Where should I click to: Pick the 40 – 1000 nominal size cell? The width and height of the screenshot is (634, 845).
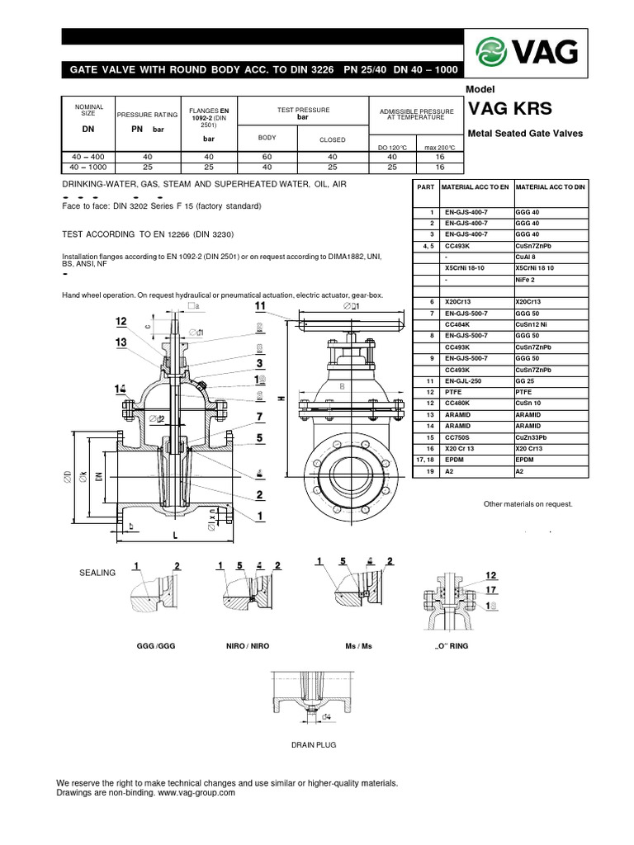click(x=88, y=166)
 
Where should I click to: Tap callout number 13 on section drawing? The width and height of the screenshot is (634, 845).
click(x=121, y=342)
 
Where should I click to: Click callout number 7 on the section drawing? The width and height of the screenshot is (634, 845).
click(x=259, y=417)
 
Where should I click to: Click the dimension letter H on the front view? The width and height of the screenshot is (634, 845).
click(x=282, y=399)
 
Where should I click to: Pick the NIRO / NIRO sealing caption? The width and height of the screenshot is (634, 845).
click(x=248, y=645)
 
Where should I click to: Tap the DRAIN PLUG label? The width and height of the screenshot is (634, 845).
click(x=313, y=744)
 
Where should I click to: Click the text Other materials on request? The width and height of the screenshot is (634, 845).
click(x=528, y=503)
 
